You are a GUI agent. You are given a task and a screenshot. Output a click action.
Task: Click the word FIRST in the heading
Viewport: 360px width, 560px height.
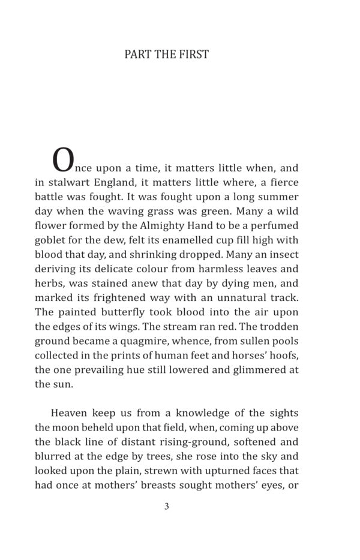194,55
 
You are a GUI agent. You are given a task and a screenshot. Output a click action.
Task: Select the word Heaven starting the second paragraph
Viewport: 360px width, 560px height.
70,413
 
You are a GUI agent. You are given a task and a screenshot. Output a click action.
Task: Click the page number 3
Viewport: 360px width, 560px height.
166,506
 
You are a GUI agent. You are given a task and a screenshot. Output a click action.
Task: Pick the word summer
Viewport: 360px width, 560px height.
277,197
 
